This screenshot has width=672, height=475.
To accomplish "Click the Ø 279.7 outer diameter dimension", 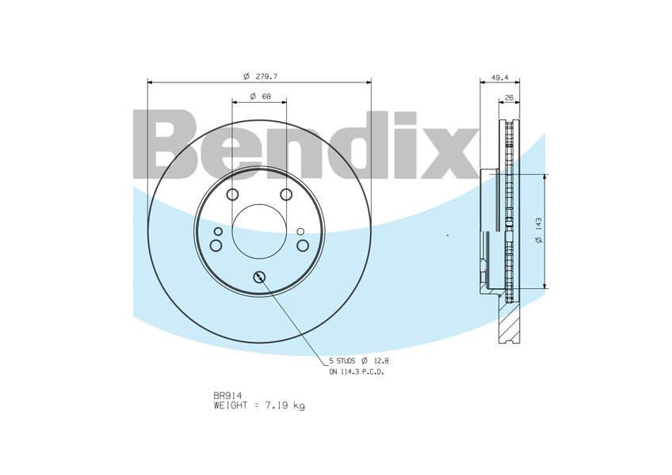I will (x=259, y=76).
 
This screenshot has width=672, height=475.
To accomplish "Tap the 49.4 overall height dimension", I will (x=499, y=78).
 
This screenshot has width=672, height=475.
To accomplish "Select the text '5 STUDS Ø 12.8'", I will (x=359, y=361).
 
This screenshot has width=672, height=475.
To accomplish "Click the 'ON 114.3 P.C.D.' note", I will (x=356, y=371).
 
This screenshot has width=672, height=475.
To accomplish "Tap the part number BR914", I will (x=227, y=395).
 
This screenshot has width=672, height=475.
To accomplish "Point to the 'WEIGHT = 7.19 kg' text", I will (x=259, y=405).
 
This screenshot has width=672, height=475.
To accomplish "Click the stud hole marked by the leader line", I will (x=259, y=276).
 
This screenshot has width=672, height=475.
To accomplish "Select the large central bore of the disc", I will (x=259, y=231).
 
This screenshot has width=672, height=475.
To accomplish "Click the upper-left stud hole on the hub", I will (x=232, y=195).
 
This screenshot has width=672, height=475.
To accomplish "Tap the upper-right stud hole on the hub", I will (x=286, y=195).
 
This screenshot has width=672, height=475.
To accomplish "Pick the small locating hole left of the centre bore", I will (x=218, y=231).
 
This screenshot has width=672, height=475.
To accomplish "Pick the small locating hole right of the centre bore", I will (x=300, y=231).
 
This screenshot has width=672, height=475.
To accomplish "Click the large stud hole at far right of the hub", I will (x=303, y=245).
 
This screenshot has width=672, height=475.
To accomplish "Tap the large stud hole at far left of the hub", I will (x=216, y=245).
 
